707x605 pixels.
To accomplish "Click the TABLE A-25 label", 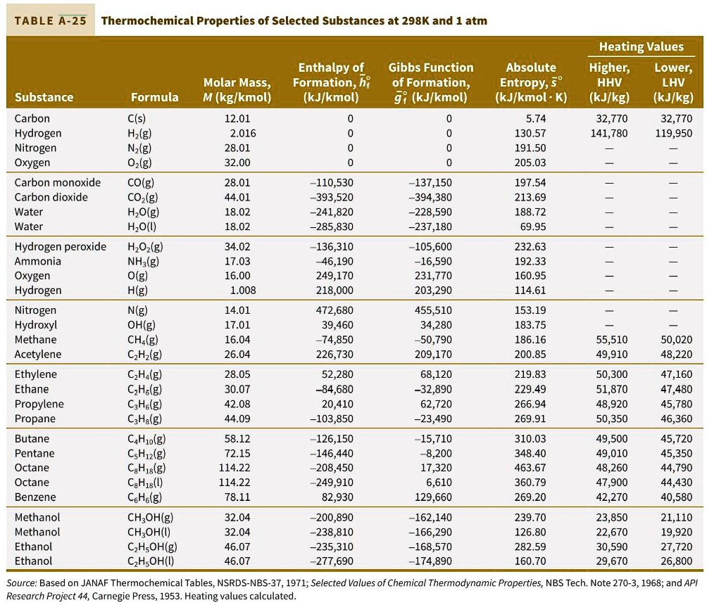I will click(51, 20).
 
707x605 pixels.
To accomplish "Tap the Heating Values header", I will click(641, 47).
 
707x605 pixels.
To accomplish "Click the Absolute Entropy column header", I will click(531, 82).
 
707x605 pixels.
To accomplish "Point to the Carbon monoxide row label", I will click(58, 183).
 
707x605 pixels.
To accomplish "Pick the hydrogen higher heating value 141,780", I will click(608, 134).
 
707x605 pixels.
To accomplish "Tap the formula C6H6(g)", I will click(146, 497).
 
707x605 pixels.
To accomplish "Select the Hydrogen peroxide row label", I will click(61, 247).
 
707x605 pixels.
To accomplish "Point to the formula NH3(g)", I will click(144, 262).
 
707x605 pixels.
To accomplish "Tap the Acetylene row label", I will click(38, 355).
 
